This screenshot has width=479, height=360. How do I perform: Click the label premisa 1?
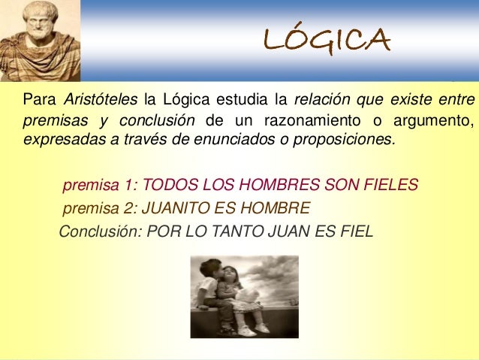click(100, 185)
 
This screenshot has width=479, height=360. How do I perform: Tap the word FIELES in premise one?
click(386, 185)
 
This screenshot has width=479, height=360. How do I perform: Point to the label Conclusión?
click(100, 231)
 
